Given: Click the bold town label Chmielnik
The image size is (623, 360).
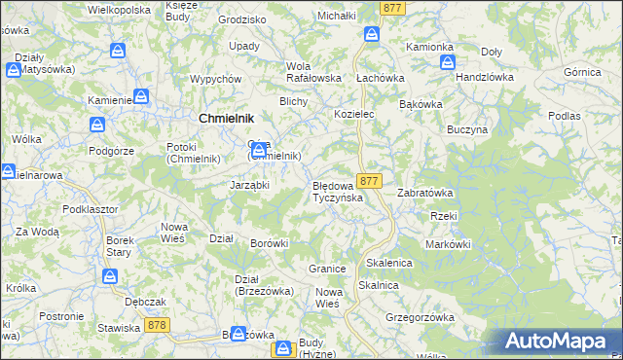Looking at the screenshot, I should (x=227, y=118).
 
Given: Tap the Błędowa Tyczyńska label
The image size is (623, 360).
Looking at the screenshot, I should (x=337, y=192).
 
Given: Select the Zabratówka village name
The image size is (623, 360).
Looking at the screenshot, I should (x=425, y=193).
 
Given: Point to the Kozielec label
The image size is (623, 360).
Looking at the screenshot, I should (x=354, y=114).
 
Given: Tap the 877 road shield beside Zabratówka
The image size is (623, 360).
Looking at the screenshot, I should (x=368, y=182).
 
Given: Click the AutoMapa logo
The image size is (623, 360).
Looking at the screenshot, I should (x=561, y=341).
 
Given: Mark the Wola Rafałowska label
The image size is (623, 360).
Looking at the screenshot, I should (x=312, y=72).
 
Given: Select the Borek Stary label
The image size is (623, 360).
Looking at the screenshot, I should (x=119, y=246).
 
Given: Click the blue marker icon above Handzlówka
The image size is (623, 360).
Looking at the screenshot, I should (x=447, y=61).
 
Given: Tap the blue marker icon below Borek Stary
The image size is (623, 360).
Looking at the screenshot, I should (x=111, y=277).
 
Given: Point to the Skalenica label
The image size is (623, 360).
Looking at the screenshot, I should (x=389, y=264).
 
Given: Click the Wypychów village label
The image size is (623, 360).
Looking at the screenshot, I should (x=216, y=79).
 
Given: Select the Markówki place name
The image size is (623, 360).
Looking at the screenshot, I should (x=448, y=244).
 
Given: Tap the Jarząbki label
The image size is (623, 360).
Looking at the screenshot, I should (x=249, y=184).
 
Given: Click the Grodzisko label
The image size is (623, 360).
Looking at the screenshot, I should (x=242, y=19).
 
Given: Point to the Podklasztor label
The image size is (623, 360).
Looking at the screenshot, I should (x=90, y=209).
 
